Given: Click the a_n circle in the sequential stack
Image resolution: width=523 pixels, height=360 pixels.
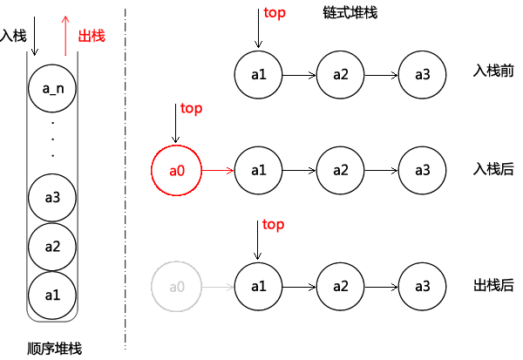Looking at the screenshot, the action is pyautogui.click(x=52, y=88).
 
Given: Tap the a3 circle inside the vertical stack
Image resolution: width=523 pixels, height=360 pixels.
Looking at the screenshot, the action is pyautogui.click(x=52, y=198).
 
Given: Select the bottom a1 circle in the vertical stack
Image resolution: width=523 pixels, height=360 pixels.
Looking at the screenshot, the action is pyautogui.click(x=52, y=295).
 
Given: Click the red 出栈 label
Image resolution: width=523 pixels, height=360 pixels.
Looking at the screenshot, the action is pyautogui.click(x=92, y=36).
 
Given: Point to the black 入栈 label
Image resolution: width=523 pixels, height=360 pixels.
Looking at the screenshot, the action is pyautogui.click(x=13, y=36).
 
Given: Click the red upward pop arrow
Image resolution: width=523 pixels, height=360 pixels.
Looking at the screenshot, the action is pyautogui.click(x=65, y=36).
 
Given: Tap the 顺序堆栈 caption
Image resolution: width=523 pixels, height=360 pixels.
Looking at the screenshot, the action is pyautogui.click(x=54, y=349).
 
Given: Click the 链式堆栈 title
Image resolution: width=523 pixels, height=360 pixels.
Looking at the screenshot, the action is pyautogui.click(x=350, y=13).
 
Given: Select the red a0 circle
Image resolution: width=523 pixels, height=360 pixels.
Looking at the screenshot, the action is pyautogui.click(x=176, y=171).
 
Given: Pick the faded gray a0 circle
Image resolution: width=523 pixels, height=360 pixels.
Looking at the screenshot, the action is pyautogui.click(x=176, y=287).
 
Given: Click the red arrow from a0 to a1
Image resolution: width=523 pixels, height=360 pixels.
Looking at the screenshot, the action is pyautogui.click(x=218, y=171).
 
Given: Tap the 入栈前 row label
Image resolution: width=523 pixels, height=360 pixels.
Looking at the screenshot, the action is pyautogui.click(x=493, y=71).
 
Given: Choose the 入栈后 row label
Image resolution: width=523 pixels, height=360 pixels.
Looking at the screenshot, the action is pyautogui.click(x=493, y=169).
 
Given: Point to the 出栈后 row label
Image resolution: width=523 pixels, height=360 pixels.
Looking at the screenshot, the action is pyautogui.click(x=493, y=286).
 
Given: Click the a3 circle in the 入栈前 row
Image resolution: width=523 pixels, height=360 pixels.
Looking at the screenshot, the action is pyautogui.click(x=422, y=75).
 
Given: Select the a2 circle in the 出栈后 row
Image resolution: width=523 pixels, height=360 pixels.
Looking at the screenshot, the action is pyautogui.click(x=340, y=287).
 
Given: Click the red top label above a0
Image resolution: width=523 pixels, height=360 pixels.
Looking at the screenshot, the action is pyautogui.click(x=191, y=109).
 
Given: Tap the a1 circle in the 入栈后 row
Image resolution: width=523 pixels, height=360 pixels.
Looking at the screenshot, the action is pyautogui.click(x=258, y=171).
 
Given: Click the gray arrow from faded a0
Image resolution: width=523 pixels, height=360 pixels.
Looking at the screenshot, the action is pyautogui.click(x=218, y=287).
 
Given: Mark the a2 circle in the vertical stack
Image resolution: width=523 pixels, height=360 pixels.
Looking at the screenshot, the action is pyautogui.click(x=52, y=247).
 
